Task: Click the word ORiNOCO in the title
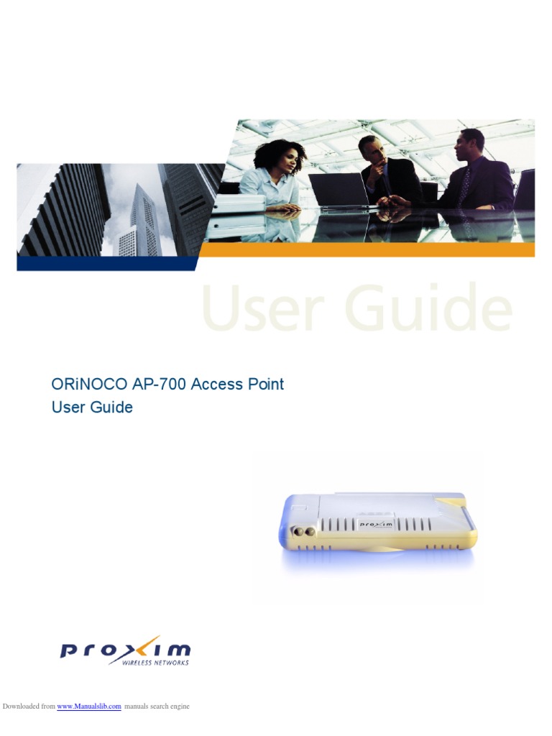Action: (88, 384)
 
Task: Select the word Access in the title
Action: (217, 384)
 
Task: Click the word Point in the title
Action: (266, 384)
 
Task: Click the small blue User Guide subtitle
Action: (92, 407)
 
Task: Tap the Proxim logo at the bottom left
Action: (125, 650)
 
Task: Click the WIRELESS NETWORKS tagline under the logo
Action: (155, 662)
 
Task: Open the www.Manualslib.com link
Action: (89, 706)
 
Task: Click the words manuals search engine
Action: (157, 706)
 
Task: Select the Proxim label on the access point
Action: (375, 524)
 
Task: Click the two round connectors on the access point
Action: (303, 532)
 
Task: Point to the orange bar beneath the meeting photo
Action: (367, 249)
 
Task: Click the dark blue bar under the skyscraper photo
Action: (106, 263)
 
